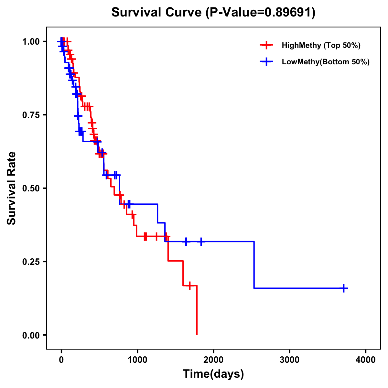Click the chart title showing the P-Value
[213, 12]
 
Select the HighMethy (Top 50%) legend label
[321, 45]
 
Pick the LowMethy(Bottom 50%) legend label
[326, 62]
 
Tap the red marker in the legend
[266, 45]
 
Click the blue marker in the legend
[266, 62]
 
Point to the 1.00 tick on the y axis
[31, 42]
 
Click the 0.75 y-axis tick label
[31, 115]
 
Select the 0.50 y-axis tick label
[31, 189]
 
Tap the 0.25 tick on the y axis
[31, 262]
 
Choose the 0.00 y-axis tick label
[31, 335]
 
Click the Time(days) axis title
[213, 374]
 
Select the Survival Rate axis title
[12, 188]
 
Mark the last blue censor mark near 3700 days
[344, 288]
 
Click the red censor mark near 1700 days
[190, 286]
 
